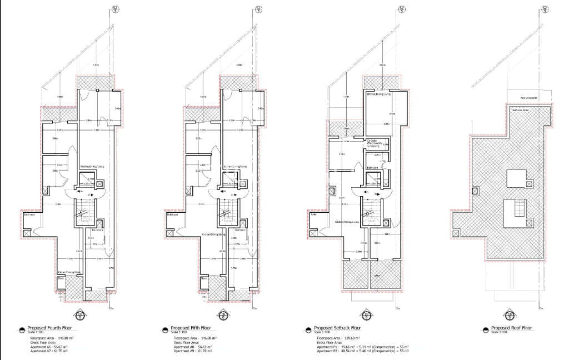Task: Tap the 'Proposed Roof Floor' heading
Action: click(x=511, y=328)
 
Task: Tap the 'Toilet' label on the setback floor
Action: click(x=313, y=213)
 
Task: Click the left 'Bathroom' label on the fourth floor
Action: click(x=29, y=213)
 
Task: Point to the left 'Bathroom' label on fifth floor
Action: click(x=172, y=213)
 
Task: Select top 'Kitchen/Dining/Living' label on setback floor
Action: click(x=378, y=94)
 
